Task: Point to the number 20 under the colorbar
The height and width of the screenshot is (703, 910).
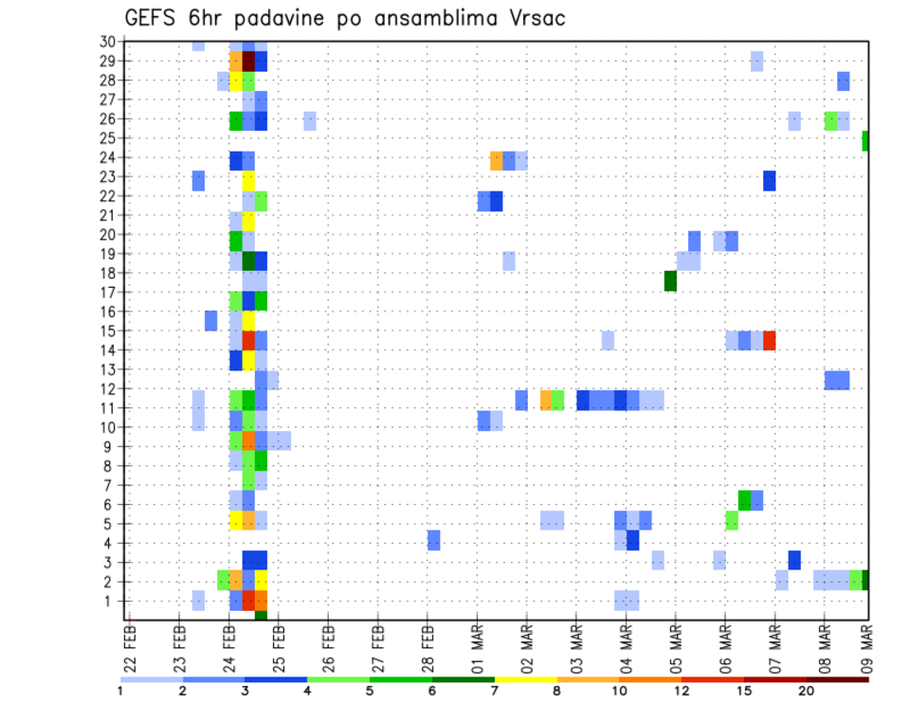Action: (807, 691)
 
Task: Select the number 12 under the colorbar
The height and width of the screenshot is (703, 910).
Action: (682, 691)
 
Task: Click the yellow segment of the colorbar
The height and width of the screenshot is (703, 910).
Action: (526, 679)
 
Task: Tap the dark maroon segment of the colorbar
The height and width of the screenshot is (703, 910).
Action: (838, 679)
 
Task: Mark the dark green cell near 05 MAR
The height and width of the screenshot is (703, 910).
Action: (670, 281)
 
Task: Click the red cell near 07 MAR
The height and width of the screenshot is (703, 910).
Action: (770, 340)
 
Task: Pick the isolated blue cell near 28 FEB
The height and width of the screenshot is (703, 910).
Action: (433, 540)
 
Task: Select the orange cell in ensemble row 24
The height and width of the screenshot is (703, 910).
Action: (497, 161)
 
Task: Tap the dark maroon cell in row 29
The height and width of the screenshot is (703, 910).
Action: (249, 61)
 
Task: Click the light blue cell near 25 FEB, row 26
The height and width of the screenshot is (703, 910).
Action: (310, 121)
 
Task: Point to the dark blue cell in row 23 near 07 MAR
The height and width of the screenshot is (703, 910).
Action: (770, 180)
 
